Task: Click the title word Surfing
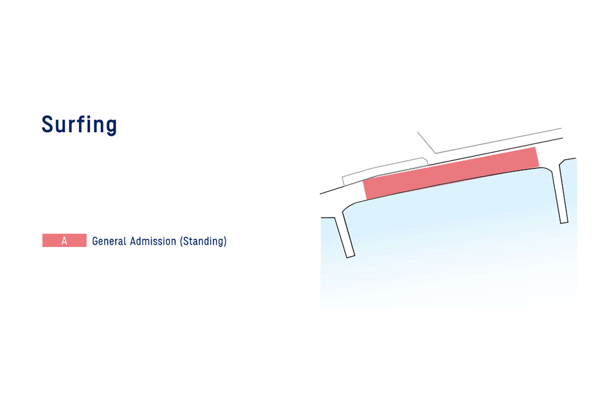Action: click(79, 125)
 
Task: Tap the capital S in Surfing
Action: click(48, 124)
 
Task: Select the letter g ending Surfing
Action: click(111, 127)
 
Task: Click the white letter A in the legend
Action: click(64, 241)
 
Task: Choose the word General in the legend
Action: click(109, 241)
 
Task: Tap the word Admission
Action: click(153, 241)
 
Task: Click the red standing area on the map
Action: click(451, 173)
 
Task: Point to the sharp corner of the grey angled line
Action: click(435, 153)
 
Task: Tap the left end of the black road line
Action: click(320, 194)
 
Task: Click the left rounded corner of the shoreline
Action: click(348, 206)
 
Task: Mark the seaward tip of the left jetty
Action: click(351, 257)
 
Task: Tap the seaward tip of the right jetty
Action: click(564, 223)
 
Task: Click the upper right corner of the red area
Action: click(535, 147)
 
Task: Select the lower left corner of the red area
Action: click(367, 199)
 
